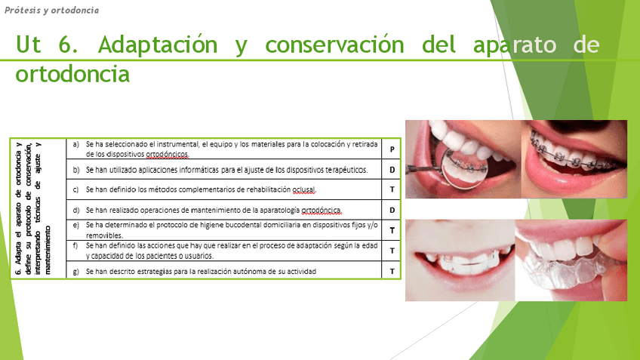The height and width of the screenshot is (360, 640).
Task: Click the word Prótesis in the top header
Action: (22, 10)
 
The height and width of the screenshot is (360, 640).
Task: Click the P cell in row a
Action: (392, 149)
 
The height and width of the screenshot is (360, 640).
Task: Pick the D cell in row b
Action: (392, 169)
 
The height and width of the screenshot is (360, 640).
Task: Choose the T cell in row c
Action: (392, 189)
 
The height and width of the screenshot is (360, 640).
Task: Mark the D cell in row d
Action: (392, 210)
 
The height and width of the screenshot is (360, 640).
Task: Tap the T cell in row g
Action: (392, 271)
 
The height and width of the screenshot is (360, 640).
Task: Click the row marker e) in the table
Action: (75, 224)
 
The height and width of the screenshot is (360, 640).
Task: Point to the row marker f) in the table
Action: (75, 245)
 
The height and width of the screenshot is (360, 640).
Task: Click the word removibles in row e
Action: (103, 235)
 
